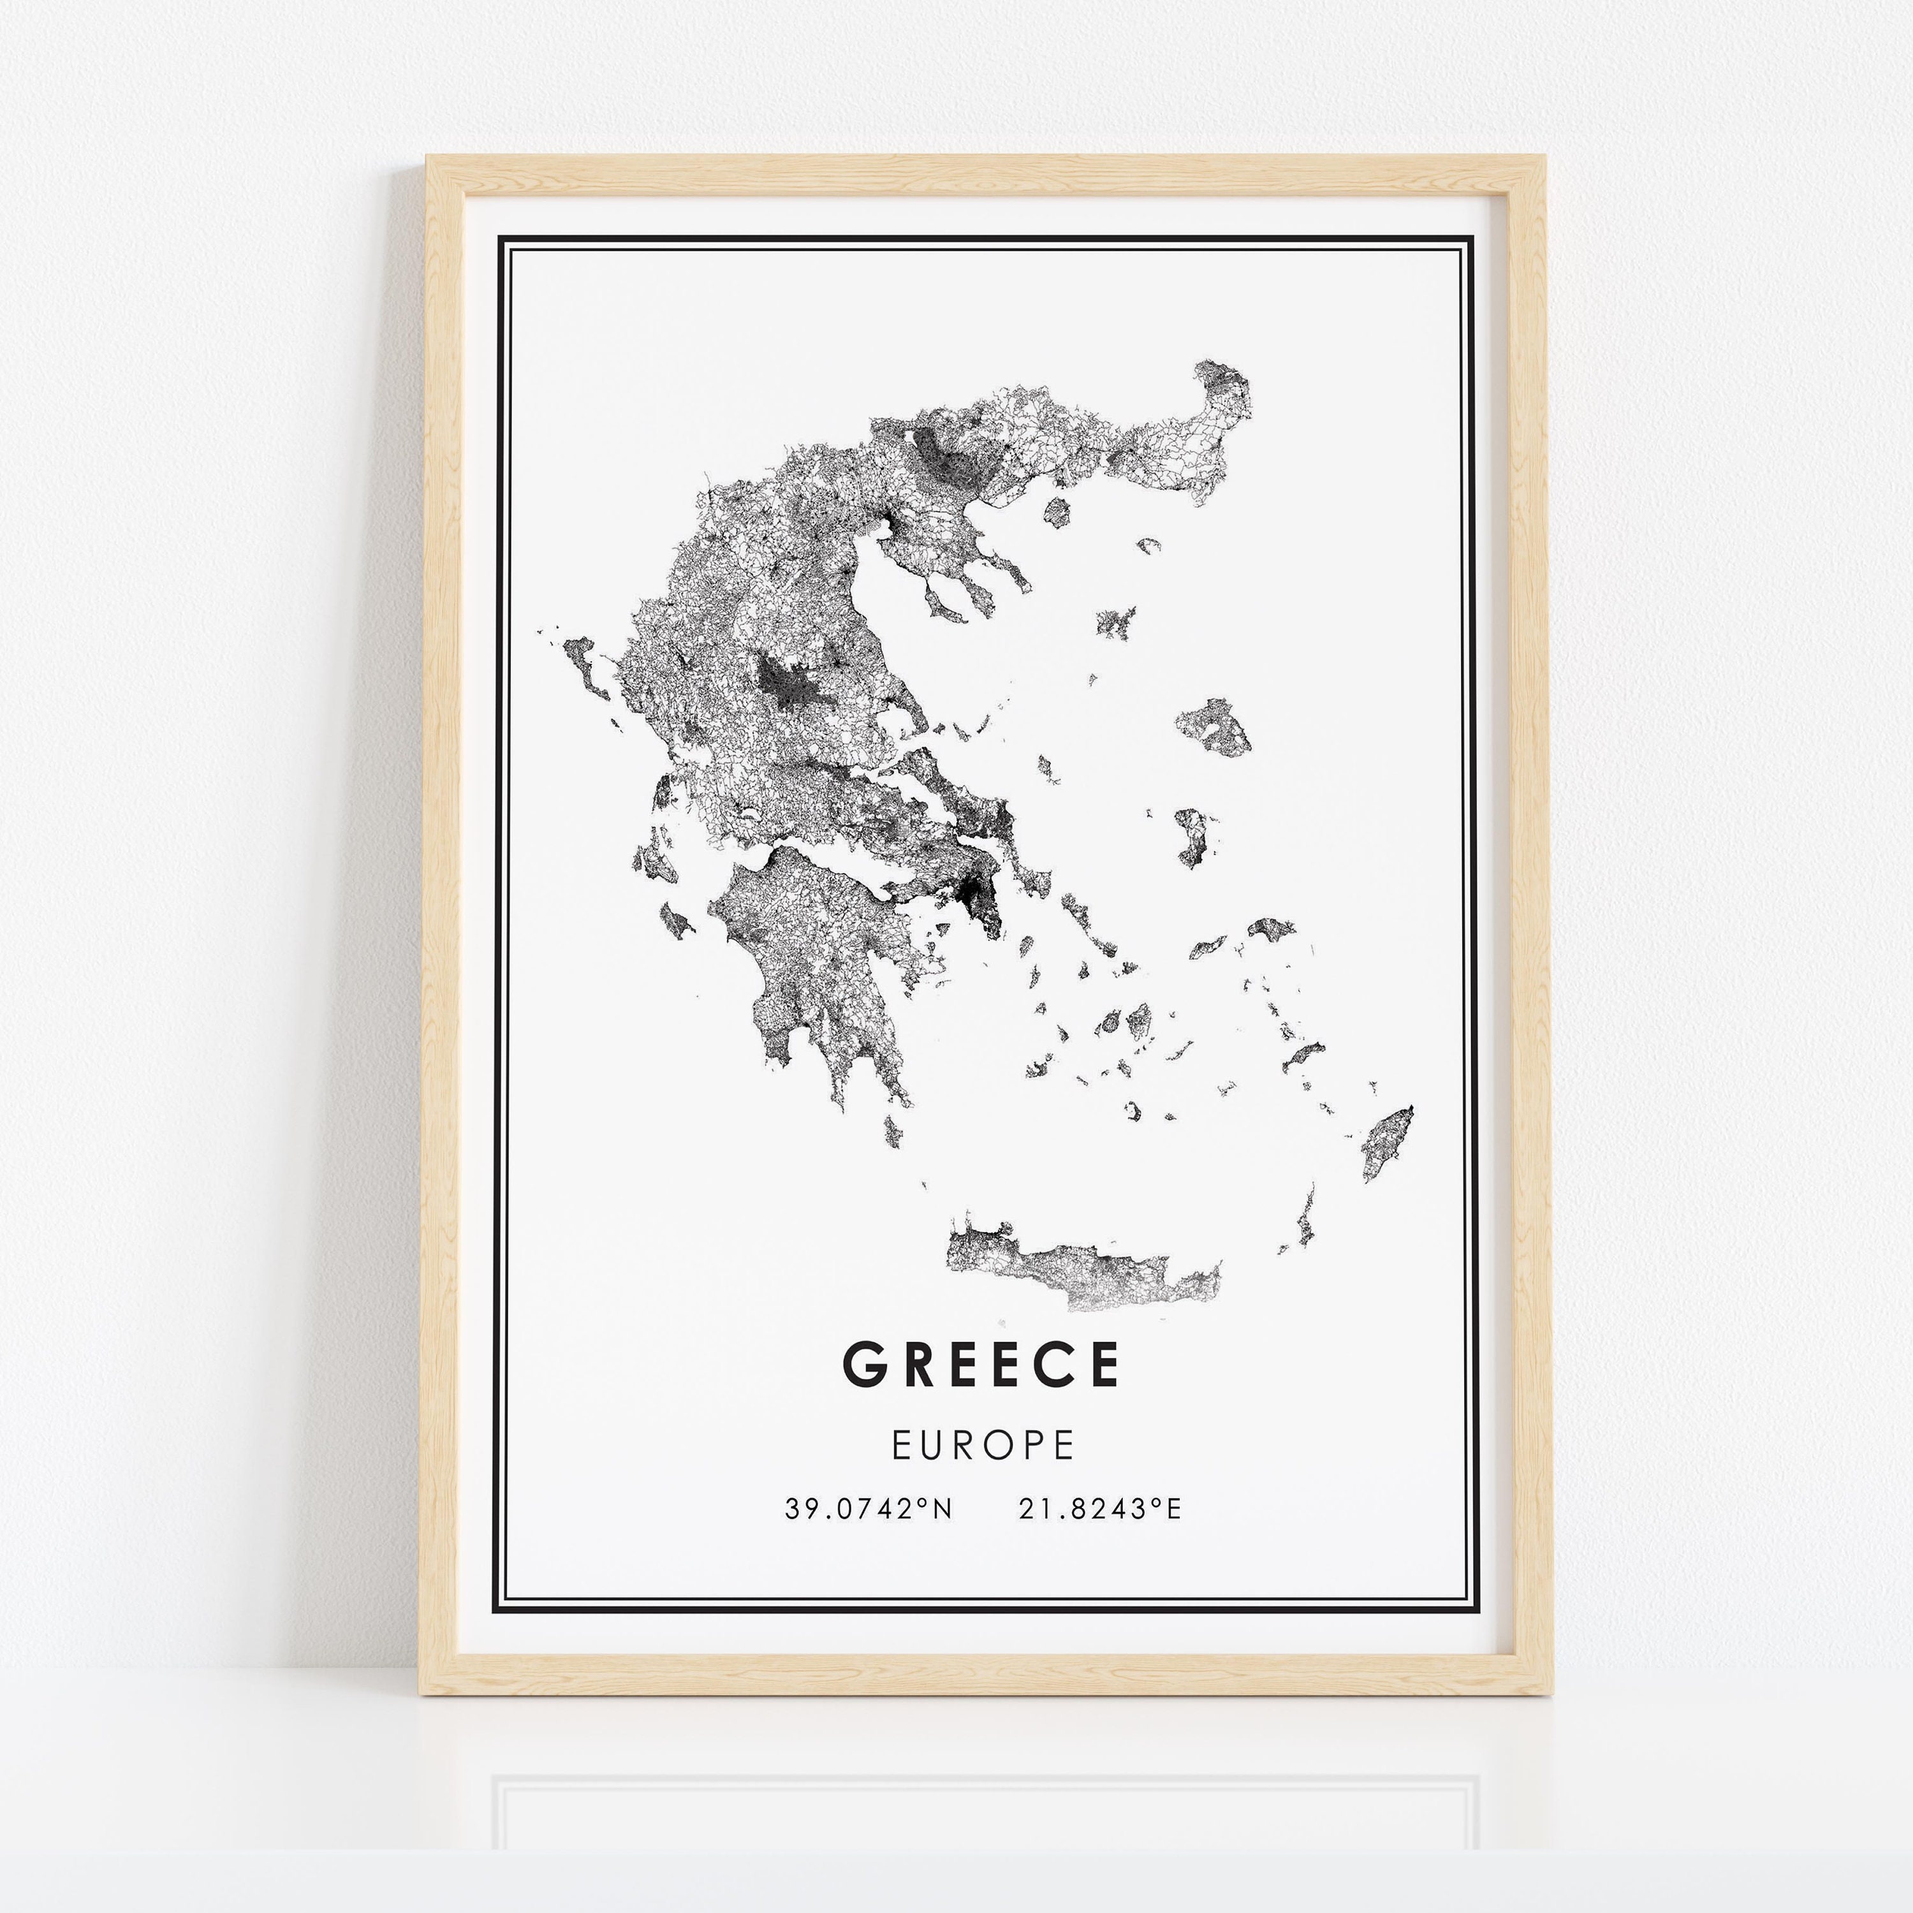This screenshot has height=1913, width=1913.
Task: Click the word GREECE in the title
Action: tap(980, 1365)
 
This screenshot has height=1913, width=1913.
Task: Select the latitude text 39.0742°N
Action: tap(869, 1509)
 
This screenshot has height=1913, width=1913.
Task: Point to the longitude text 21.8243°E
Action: tap(1100, 1509)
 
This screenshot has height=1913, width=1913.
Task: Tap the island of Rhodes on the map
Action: tap(1387, 1143)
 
